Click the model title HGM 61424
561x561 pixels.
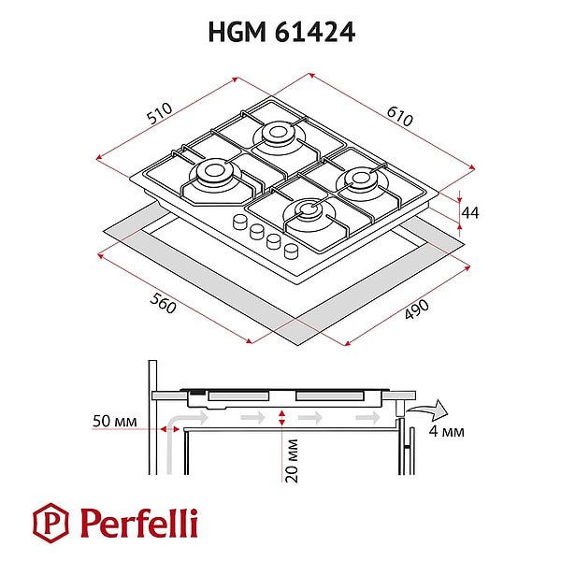click(280, 33)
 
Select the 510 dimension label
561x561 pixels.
click(162, 115)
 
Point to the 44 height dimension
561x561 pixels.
click(471, 213)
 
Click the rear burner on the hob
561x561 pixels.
click(278, 134)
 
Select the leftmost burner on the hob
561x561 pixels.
click(210, 173)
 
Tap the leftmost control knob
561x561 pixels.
click(239, 223)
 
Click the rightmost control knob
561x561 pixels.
click(291, 249)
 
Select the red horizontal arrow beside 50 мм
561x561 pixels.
click(169, 426)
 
